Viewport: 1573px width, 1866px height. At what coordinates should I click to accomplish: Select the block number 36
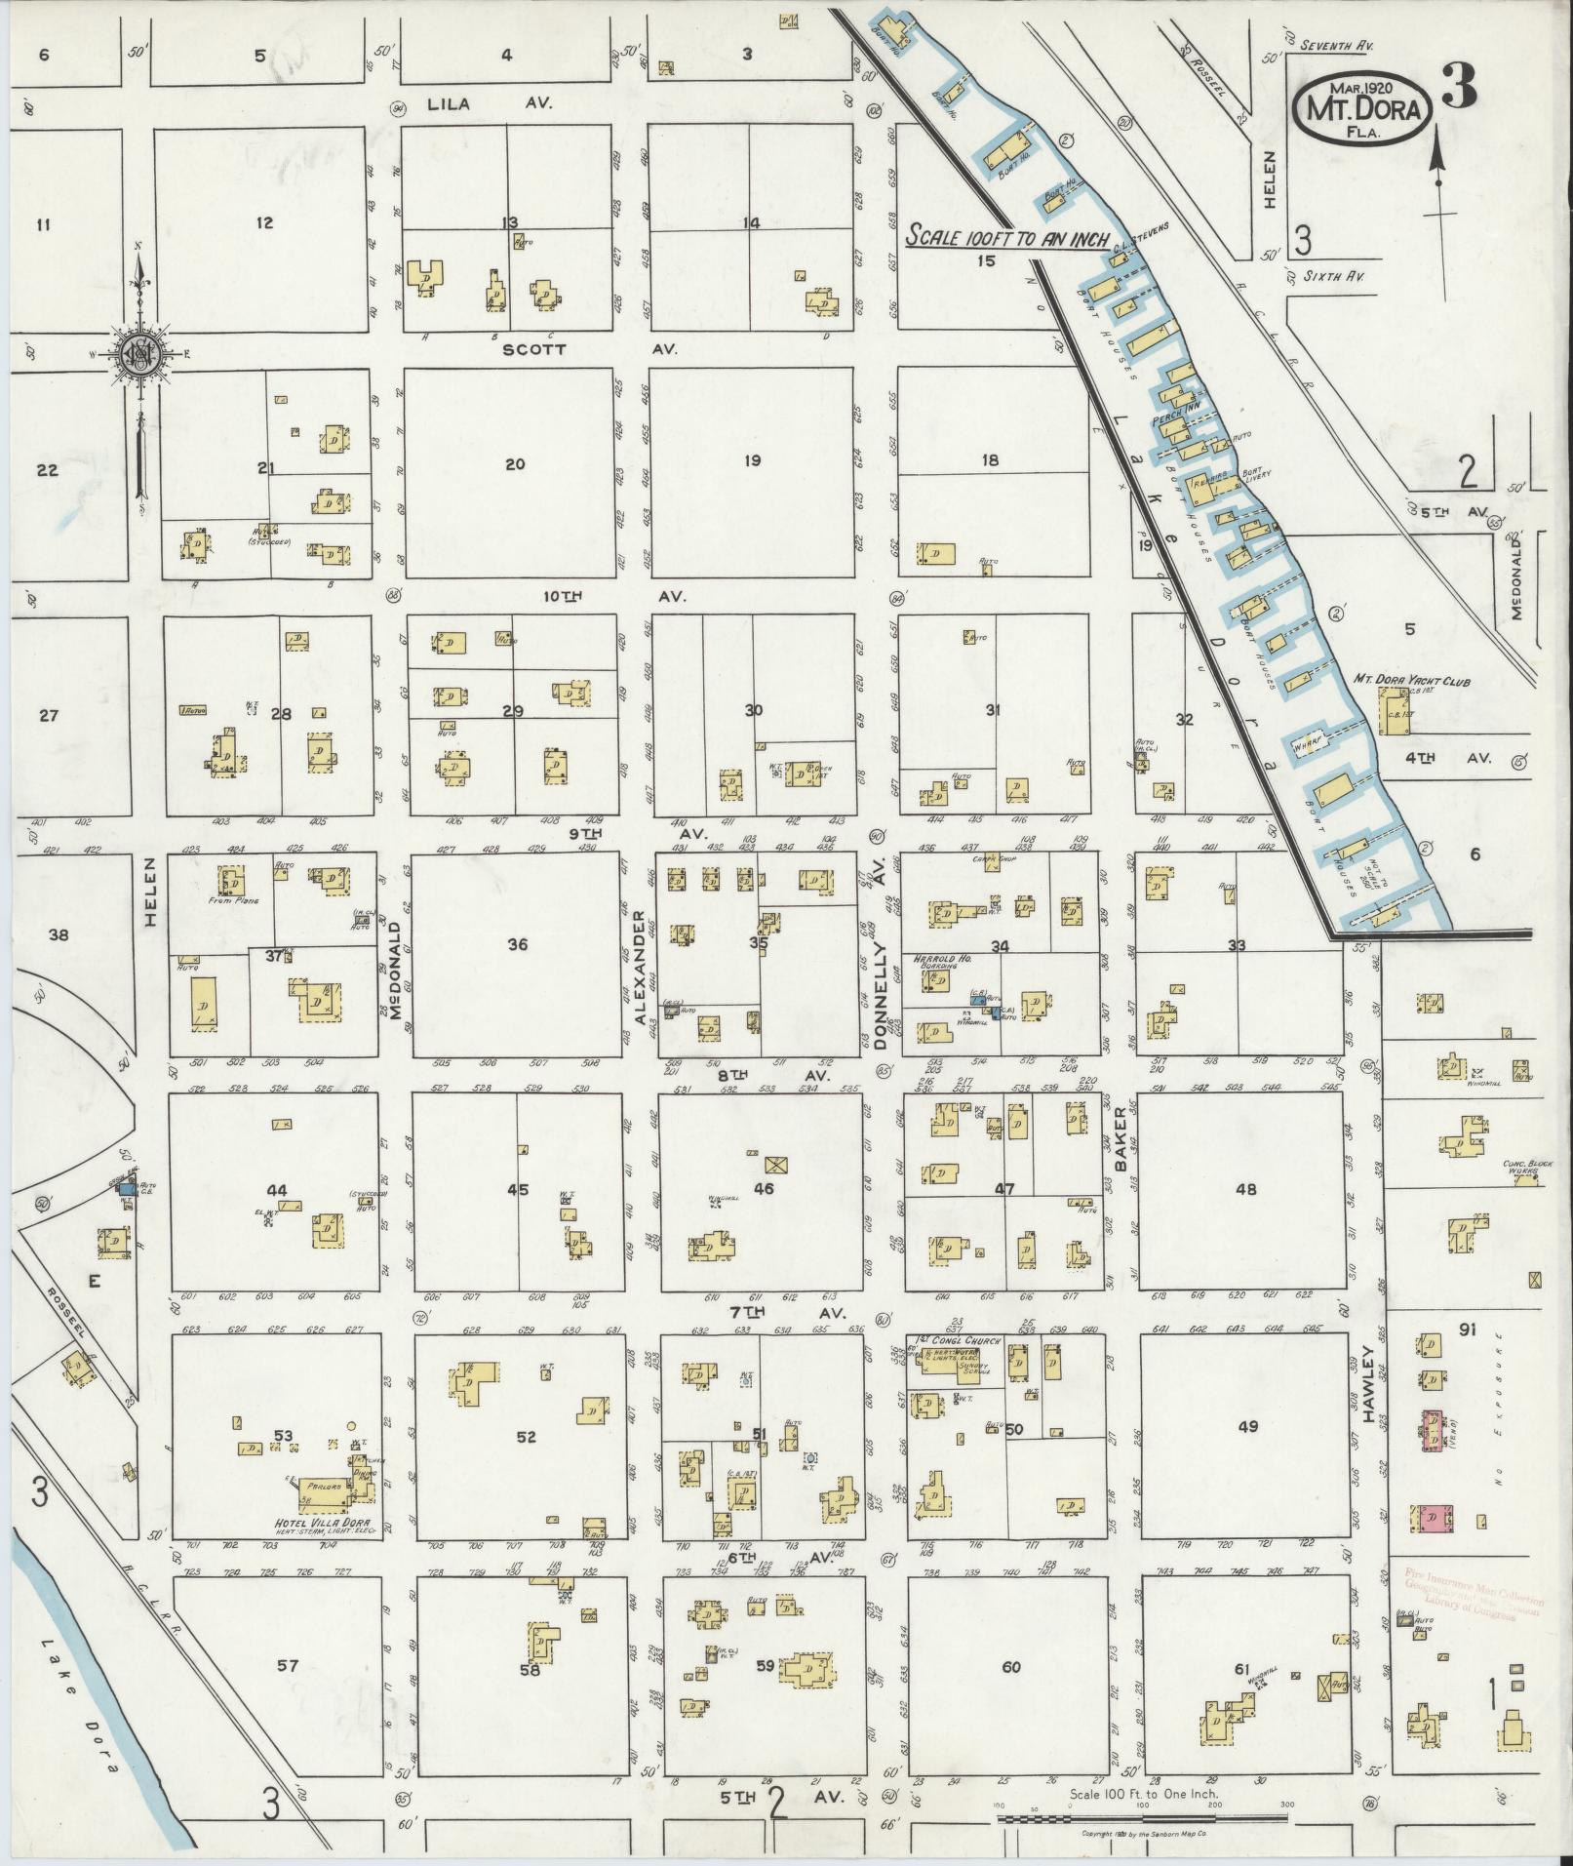(x=517, y=944)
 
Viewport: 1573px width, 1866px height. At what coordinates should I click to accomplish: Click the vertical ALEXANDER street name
(x=641, y=966)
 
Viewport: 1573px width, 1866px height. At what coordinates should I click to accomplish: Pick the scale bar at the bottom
(x=1141, y=1817)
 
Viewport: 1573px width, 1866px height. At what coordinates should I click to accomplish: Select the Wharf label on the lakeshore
(x=1305, y=747)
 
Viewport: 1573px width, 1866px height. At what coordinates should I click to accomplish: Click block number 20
(x=514, y=464)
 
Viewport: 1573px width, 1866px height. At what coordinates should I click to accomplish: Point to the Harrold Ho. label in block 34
(x=931, y=959)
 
